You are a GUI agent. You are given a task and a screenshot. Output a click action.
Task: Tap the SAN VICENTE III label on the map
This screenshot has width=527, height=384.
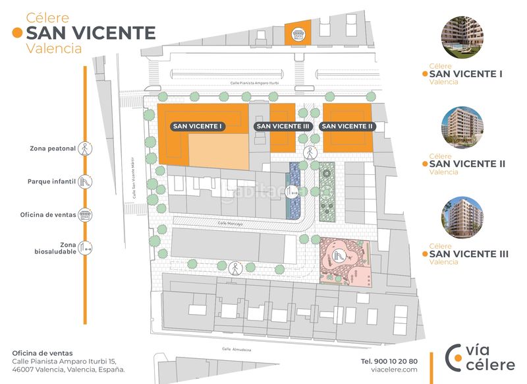pos(283,125)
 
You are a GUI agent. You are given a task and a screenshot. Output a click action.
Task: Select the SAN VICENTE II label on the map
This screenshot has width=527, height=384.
pos(347,125)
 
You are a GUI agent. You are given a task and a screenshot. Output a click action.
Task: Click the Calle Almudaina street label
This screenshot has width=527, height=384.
pos(237,349)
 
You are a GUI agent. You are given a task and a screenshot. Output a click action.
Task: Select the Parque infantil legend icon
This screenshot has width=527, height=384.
pos(85,181)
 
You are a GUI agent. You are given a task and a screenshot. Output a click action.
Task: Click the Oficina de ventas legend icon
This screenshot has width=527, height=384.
pos(85,214)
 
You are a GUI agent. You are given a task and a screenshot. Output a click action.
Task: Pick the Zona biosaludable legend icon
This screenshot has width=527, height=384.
pos(85,248)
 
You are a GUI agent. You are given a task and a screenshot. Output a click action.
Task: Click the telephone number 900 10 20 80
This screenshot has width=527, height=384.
pos(389,361)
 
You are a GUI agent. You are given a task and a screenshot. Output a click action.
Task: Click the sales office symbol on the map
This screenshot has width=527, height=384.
pos(299,33)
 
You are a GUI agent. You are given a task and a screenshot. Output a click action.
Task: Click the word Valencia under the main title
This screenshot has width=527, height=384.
pos(54,48)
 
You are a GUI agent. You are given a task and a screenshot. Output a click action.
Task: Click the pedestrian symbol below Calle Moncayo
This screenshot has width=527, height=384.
pos(235,269)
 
